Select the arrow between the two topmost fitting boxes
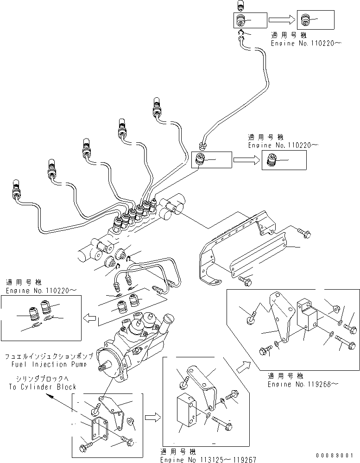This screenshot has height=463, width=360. (x=282, y=19)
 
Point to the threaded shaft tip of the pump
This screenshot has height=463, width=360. (x=102, y=368)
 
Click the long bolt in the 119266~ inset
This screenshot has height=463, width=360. (x=343, y=344)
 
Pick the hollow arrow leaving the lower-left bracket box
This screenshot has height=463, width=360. (x=151, y=418)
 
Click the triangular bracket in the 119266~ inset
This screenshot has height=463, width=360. (x=279, y=315)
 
